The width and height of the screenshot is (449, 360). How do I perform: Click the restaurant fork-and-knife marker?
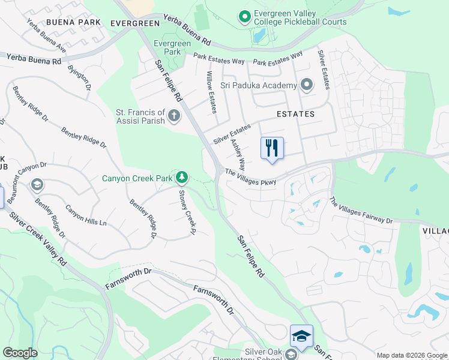point(272,148)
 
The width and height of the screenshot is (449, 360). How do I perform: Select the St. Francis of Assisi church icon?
point(174,115)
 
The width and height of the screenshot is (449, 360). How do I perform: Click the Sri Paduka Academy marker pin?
point(307,85)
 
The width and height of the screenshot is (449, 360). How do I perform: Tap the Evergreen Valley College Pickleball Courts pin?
point(244,17)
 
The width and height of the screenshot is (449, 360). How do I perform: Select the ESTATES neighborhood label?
point(295,113)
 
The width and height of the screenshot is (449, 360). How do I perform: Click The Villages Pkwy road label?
point(250,177)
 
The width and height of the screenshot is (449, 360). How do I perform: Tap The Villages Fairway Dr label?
point(360,211)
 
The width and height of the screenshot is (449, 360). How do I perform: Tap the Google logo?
point(20,353)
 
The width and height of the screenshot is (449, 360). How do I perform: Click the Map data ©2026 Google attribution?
point(412,355)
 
